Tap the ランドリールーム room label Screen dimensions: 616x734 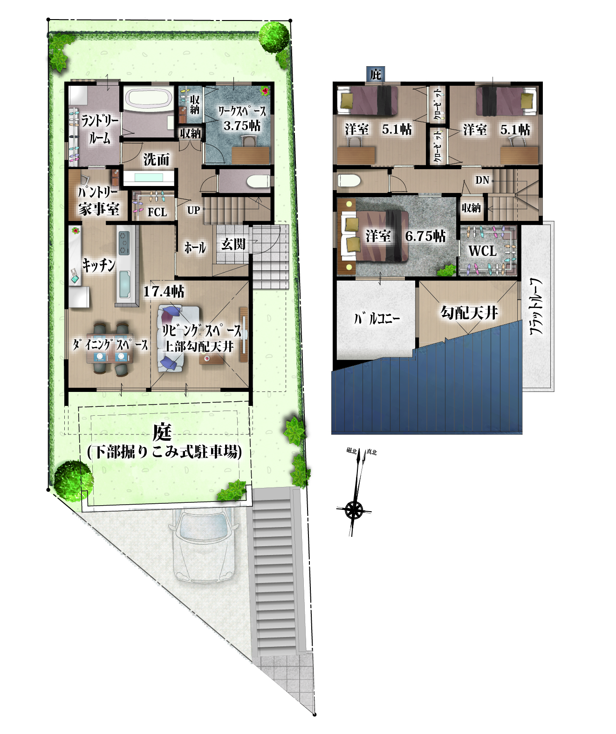point(100,129)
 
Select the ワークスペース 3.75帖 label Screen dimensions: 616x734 point(242,118)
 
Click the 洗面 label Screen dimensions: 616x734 point(157,159)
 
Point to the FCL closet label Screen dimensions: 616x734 point(157,212)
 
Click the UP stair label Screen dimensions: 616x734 point(193,210)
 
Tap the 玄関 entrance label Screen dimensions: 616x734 point(233,244)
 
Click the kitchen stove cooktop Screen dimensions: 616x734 point(124,243)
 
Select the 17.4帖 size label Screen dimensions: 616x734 point(164,291)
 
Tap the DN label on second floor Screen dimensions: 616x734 point(482,180)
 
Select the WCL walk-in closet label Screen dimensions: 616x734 point(482,251)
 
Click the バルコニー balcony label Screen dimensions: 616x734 point(376,318)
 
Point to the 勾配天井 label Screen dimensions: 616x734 point(469,313)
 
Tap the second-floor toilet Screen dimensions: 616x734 point(349,181)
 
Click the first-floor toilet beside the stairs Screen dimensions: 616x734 point(259,181)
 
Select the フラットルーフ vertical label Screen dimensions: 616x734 point(536,306)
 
